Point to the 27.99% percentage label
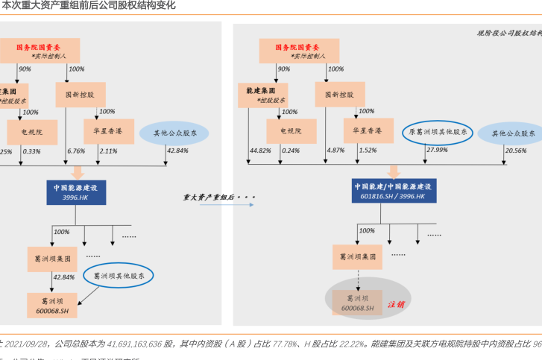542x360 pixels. click(x=437, y=150)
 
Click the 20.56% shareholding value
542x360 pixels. click(x=514, y=151)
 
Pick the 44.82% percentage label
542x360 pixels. click(x=260, y=151)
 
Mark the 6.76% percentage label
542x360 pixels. click(x=76, y=151)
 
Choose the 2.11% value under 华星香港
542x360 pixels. click(x=108, y=151)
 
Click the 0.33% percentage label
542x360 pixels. click(x=31, y=151)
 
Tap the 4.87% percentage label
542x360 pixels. click(x=335, y=151)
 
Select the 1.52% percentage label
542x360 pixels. click(x=368, y=151)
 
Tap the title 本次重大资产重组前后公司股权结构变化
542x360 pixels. click(x=89, y=5)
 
